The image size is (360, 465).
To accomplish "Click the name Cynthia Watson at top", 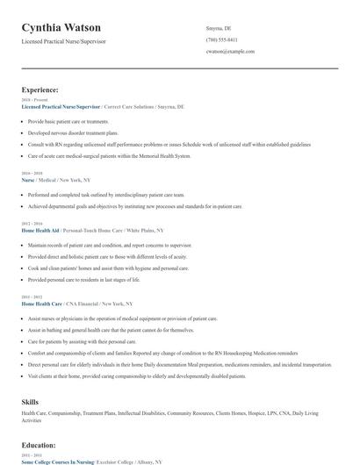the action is tap(61, 28).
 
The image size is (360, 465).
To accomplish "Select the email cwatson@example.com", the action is tap(230, 52).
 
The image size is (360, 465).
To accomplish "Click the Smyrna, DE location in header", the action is tap(219, 28).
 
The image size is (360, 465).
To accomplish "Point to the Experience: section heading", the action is tap(40, 89).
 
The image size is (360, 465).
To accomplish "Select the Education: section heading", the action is tap(40, 445).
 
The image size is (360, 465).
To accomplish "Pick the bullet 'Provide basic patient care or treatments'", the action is tap(68, 122).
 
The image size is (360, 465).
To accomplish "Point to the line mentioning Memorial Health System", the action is tap(109, 156).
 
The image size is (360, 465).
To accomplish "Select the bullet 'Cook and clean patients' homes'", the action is tap(108, 268).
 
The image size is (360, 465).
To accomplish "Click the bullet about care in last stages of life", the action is tap(83, 280).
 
